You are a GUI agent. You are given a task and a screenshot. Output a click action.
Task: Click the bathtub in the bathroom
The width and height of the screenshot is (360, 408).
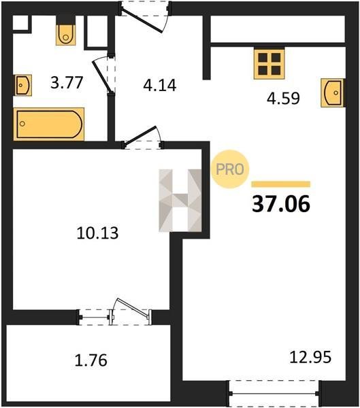(49, 124)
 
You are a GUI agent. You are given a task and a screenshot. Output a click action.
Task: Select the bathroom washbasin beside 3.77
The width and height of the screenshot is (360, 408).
(23, 85)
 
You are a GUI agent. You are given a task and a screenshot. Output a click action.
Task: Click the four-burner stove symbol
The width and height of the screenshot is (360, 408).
(269, 64)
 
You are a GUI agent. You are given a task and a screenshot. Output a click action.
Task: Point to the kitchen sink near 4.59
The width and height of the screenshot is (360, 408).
(333, 92)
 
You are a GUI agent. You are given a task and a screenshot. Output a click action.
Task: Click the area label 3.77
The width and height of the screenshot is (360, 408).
(67, 82)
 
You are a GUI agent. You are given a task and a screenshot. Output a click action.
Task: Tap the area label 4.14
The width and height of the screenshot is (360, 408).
(160, 85)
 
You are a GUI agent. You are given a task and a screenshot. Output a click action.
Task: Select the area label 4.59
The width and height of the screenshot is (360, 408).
(283, 98)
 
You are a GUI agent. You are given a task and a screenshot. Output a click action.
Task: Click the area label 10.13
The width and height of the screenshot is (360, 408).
(97, 233)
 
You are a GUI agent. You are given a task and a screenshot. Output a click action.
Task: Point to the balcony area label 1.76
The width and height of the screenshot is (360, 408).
(91, 360)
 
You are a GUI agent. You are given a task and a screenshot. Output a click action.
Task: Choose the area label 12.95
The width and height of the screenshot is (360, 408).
(310, 357)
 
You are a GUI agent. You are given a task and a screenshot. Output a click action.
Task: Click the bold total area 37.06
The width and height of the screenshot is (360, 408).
(281, 204)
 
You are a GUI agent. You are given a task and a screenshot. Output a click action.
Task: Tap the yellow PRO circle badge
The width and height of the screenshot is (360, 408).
(230, 169)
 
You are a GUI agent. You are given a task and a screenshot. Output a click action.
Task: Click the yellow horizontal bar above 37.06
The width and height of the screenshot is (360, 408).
(281, 184)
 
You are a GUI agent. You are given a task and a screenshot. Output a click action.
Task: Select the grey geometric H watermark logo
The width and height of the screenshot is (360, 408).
(180, 201)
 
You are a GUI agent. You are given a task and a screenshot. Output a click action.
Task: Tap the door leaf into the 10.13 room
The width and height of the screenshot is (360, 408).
(140, 135)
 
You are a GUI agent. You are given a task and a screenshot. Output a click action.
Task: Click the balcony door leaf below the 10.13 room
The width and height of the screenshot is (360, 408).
(133, 307)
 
